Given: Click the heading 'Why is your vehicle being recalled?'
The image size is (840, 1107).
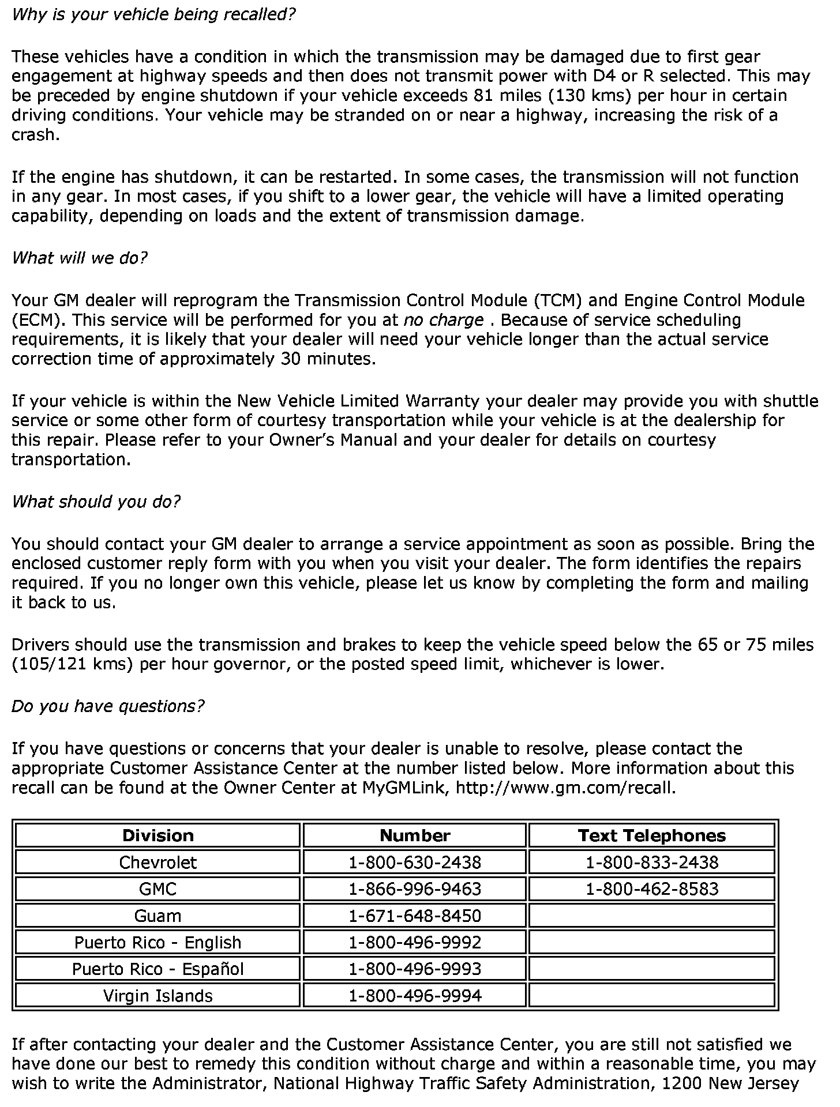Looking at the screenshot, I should coord(153,14).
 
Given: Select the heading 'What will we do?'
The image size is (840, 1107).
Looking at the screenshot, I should coord(80,258).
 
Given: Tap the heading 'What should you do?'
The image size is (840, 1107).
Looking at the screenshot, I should coord(96,502).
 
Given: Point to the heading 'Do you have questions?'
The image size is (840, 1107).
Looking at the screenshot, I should coord(108,706).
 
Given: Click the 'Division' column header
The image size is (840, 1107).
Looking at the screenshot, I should coord(157,835).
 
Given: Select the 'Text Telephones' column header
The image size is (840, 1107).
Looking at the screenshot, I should coord(651,835).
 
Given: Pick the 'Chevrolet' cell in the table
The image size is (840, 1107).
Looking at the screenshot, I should coord(157,863).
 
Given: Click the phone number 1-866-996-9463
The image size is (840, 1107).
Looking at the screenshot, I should coord(415,889).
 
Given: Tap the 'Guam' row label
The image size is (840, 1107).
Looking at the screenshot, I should coord(157,916).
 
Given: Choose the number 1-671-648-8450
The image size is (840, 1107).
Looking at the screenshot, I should coord(415,916).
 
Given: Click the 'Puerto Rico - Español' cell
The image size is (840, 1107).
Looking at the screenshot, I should coord(157,969).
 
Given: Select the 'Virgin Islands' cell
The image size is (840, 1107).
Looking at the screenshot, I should coord(157,996).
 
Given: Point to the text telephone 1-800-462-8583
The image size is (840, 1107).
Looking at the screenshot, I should coord(652,889).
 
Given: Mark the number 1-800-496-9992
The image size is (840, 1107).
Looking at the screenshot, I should coord(415,943).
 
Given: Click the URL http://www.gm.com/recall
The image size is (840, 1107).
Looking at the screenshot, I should coord(565,788).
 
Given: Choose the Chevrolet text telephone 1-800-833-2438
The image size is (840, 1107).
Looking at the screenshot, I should coord(652,863).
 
